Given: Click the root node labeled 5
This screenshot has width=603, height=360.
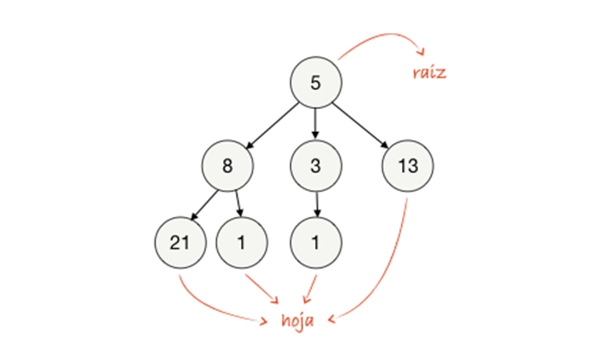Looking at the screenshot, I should [x=315, y=83].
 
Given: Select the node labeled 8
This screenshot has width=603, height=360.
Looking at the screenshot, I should [x=227, y=165].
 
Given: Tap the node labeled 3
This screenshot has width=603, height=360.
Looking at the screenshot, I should [x=315, y=165].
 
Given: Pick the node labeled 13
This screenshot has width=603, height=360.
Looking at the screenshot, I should [x=408, y=165].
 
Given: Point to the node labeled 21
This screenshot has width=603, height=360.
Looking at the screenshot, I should [x=179, y=243].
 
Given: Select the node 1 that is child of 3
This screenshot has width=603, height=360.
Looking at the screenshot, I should [x=315, y=243].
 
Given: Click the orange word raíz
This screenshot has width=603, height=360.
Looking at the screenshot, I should [x=428, y=72].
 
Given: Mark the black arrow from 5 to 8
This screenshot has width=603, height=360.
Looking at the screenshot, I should [x=272, y=124].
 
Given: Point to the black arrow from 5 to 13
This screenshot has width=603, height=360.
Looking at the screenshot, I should [x=361, y=124].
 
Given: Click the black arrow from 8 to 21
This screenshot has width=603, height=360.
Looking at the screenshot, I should [x=204, y=204].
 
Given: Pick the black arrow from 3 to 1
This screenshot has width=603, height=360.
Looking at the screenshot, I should [x=315, y=204].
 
